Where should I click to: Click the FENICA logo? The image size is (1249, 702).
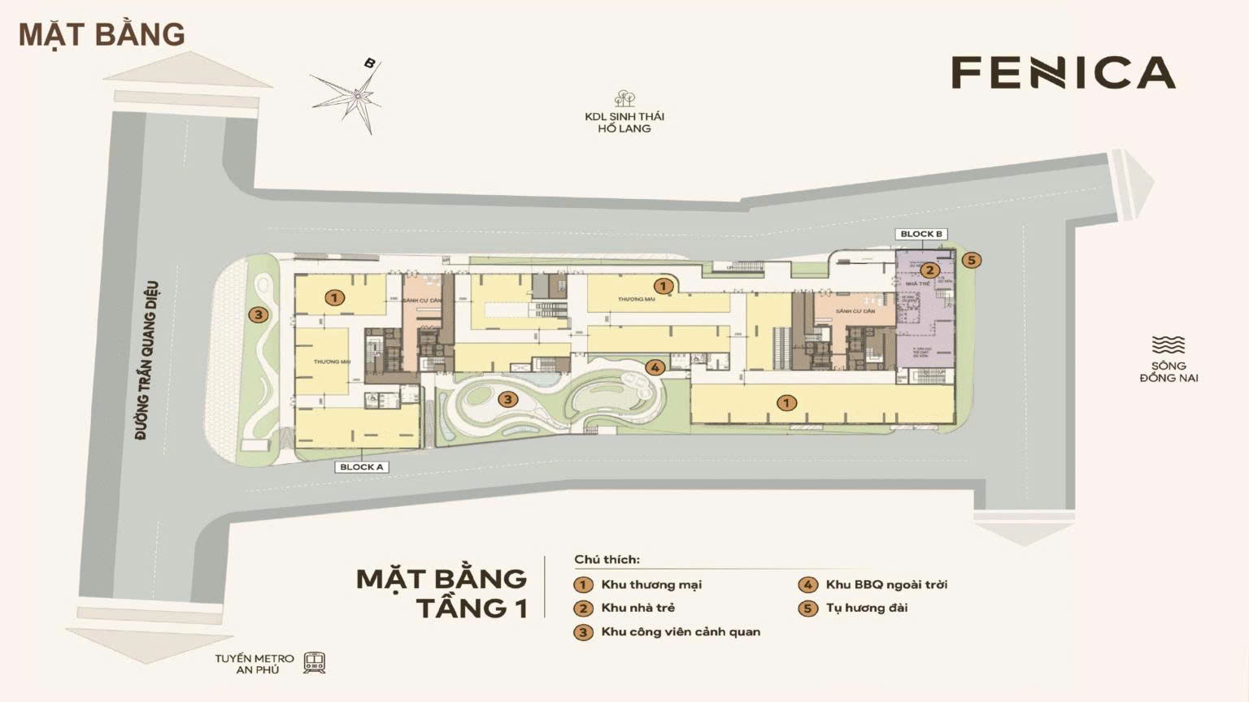point(1063,72)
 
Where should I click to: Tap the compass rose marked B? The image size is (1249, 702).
point(355,97)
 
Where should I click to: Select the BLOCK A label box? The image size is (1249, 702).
point(361,467)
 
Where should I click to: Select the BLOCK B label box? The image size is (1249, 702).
point(920,234)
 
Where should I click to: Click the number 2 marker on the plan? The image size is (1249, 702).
point(929,271)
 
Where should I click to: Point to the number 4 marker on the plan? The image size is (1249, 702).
point(655,367)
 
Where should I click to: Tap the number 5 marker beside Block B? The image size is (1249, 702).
point(970,260)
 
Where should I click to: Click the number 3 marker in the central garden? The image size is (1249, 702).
point(507,399)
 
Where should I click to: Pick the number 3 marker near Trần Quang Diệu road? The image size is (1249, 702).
point(258,315)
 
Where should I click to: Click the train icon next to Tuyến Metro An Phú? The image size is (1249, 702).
point(314,663)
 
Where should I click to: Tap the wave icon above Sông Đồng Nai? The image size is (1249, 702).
point(1168,344)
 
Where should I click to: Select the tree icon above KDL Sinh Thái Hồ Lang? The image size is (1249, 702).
point(624,99)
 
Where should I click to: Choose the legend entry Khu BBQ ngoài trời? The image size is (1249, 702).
point(886,584)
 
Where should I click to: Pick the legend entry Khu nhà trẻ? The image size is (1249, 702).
point(638,608)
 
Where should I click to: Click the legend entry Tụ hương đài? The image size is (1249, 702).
point(866,608)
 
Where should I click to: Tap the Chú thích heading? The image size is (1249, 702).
point(607,560)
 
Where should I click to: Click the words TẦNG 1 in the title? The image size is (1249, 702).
point(471,608)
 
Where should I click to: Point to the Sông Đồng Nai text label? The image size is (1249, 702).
point(1168,372)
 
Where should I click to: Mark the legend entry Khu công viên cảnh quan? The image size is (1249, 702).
point(680,632)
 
